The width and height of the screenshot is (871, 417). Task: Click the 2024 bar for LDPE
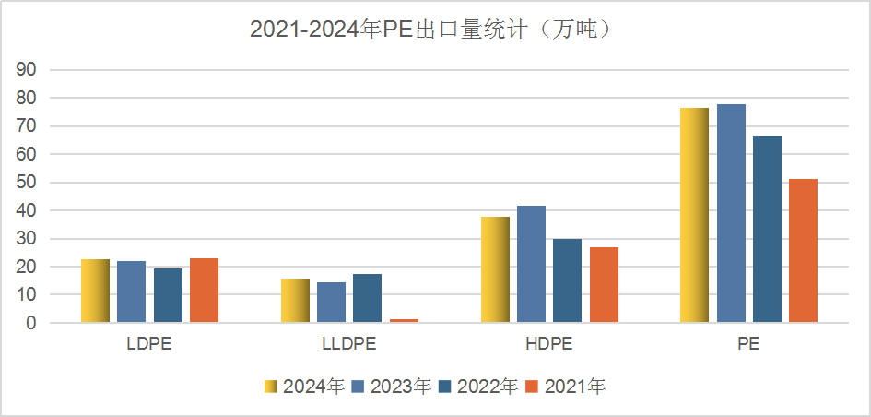(x=95, y=292)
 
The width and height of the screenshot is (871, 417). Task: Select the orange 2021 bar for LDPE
(x=204, y=291)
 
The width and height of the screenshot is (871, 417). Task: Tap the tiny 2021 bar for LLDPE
(x=403, y=320)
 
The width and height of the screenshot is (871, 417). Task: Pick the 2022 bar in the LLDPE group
(x=367, y=299)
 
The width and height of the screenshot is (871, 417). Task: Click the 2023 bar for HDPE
(x=531, y=265)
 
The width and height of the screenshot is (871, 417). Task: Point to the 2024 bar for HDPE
(x=495, y=270)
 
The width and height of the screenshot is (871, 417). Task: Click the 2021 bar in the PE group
(x=803, y=251)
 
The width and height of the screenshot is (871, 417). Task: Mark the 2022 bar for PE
(x=767, y=230)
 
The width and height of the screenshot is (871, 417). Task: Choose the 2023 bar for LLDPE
(x=331, y=303)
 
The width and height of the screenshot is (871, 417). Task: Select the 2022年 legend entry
(x=478, y=387)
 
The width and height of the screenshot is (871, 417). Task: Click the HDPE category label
(x=548, y=345)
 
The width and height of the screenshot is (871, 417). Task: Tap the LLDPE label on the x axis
(x=349, y=345)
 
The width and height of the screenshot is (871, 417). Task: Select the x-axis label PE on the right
(x=748, y=345)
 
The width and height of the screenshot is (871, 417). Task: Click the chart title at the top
(x=434, y=30)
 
